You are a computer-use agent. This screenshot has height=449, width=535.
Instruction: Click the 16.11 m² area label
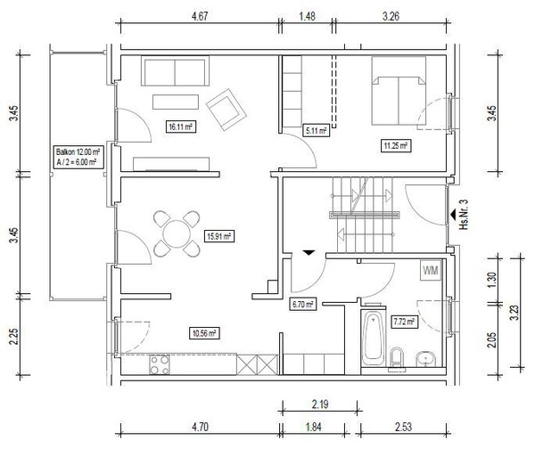180,127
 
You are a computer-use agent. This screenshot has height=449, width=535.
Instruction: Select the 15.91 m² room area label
219,236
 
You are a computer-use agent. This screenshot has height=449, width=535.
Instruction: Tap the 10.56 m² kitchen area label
204,333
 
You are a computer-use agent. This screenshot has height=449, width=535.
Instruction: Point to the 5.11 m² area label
316,130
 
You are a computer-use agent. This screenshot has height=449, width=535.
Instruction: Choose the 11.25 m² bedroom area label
395,146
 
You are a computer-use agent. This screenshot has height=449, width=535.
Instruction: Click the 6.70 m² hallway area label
302,304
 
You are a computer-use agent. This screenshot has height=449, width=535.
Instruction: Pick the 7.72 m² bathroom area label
404,321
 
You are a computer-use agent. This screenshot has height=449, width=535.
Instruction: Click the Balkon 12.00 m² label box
78,157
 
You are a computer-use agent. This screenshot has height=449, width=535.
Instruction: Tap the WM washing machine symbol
431,270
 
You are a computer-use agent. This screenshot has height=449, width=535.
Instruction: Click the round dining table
177,234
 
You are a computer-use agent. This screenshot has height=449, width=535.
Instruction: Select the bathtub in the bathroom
373,339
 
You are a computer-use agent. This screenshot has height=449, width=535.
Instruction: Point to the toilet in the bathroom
397,358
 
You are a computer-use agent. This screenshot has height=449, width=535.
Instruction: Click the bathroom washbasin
426,359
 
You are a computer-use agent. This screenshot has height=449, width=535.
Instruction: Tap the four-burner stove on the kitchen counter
160,364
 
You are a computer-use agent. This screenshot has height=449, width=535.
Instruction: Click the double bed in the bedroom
399,91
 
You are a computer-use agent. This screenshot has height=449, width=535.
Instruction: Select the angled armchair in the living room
226,110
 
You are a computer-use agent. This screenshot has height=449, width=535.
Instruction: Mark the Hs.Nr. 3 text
464,214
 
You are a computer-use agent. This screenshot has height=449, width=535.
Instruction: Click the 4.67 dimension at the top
200,16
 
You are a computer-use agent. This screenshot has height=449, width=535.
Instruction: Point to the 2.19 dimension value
320,404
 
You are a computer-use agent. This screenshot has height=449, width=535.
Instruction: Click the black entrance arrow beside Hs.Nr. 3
454,215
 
